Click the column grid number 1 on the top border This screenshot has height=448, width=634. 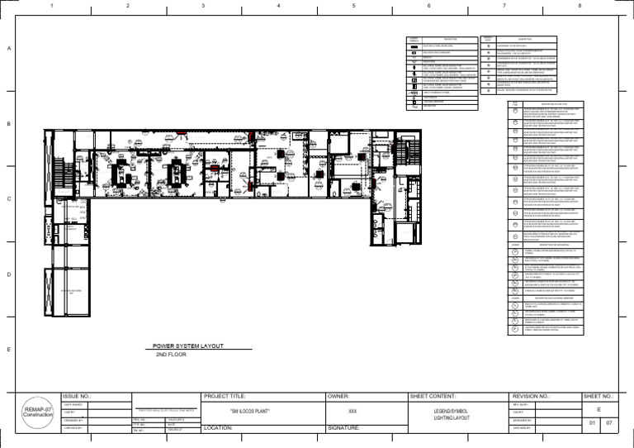pyautogui.click(x=51, y=7)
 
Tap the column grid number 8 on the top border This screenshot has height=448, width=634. pyautogui.click(x=580, y=7)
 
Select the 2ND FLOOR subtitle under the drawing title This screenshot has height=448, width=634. pyautogui.click(x=172, y=355)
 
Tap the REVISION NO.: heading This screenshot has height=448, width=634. pyautogui.click(x=537, y=397)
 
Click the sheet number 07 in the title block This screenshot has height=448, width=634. pyautogui.click(x=609, y=423)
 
